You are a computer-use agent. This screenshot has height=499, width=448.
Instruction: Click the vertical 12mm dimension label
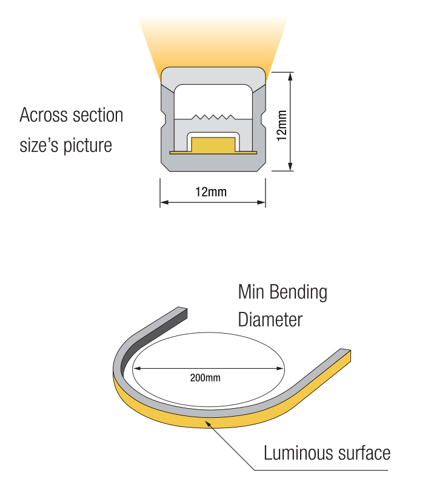pyautogui.click(x=281, y=125)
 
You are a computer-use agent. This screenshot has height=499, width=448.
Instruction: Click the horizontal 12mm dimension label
pyautogui.click(x=211, y=192)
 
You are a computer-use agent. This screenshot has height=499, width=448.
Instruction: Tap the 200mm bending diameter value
pyautogui.click(x=205, y=378)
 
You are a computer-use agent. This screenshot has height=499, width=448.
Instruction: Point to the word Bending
pyautogui.click(x=298, y=293)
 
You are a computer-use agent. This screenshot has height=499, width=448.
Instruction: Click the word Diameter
pyautogui.click(x=270, y=319)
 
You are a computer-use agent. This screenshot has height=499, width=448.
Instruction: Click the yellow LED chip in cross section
pyautogui.click(x=213, y=145)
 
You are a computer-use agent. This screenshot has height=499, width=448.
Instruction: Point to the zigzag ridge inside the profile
pyautogui.click(x=213, y=116)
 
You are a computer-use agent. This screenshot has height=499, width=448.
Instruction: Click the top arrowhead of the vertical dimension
pyautogui.click(x=292, y=76)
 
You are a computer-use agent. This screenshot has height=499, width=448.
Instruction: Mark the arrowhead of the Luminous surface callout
pyautogui.click(x=209, y=423)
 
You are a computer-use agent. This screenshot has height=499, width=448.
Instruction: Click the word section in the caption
pyautogui.click(x=98, y=115)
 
